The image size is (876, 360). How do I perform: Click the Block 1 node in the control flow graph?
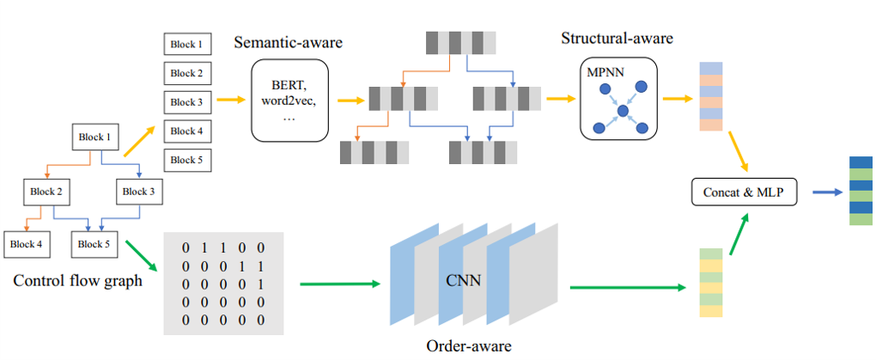click(x=95, y=137)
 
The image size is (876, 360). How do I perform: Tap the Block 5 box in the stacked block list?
click(x=187, y=160)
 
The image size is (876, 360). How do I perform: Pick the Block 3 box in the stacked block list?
click(x=187, y=102)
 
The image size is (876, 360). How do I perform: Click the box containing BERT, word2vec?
click(x=290, y=100)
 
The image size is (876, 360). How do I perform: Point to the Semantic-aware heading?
click(x=288, y=42)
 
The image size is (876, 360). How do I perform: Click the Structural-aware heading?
click(x=617, y=39)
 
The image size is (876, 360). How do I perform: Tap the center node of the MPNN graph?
click(x=624, y=110)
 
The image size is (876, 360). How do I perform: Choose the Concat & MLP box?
click(x=745, y=192)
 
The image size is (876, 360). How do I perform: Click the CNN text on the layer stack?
click(x=463, y=279)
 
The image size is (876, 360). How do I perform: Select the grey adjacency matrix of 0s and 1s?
click(x=223, y=284)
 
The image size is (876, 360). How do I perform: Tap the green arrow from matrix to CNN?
click(x=339, y=283)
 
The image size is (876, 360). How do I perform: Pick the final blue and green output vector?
click(x=861, y=191)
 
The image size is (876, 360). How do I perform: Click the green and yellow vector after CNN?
click(x=709, y=283)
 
